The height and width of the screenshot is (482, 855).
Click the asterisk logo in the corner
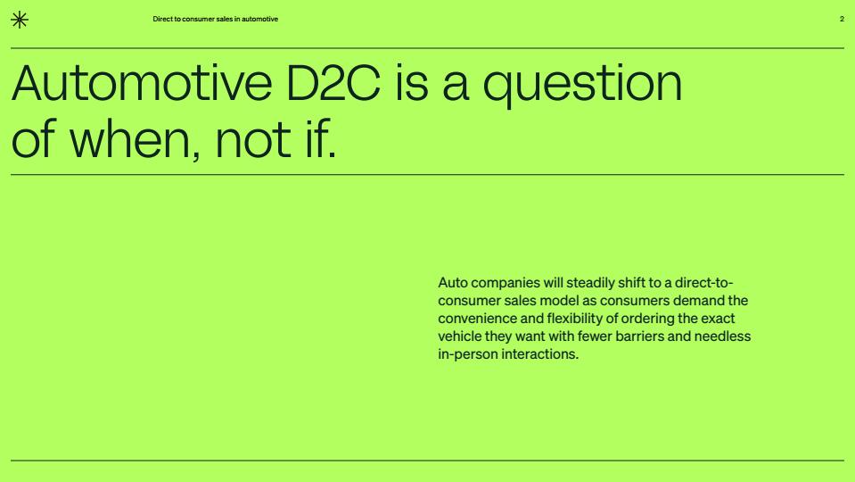click(20, 20)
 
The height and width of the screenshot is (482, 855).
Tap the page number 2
click(842, 19)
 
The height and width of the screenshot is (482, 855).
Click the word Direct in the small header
click(162, 19)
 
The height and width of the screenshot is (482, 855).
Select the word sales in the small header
click(224, 19)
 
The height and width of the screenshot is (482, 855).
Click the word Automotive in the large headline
click(142, 83)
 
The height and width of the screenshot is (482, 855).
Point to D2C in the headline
click(333, 83)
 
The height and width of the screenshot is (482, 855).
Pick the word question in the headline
click(582, 85)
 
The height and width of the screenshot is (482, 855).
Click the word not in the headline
click(253, 141)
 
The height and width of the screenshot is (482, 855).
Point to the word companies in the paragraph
click(505, 284)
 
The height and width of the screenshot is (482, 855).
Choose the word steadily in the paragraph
click(590, 284)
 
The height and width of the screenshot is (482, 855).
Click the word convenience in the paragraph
click(477, 319)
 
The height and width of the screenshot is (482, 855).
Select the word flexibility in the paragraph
click(575, 320)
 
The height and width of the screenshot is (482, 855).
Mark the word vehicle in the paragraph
click(460, 337)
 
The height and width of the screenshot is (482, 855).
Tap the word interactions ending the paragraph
click(539, 354)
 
